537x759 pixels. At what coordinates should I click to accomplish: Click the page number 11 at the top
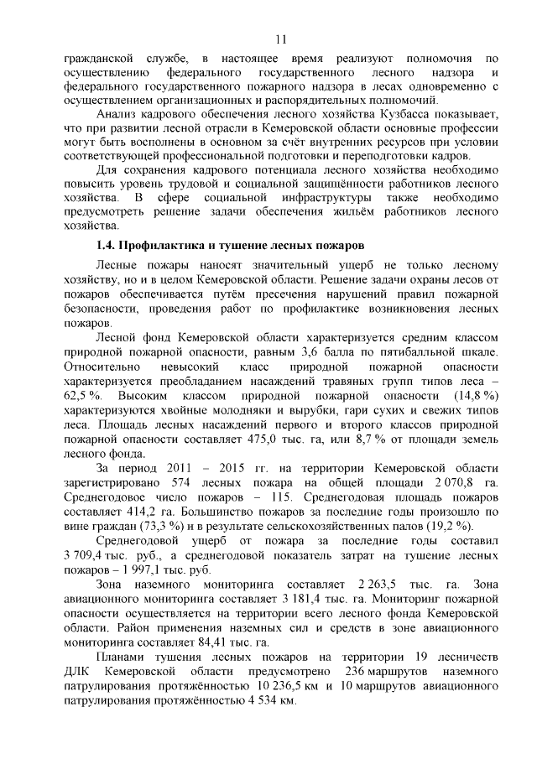[280, 39]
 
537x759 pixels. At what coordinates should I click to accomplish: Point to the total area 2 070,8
[435, 484]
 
